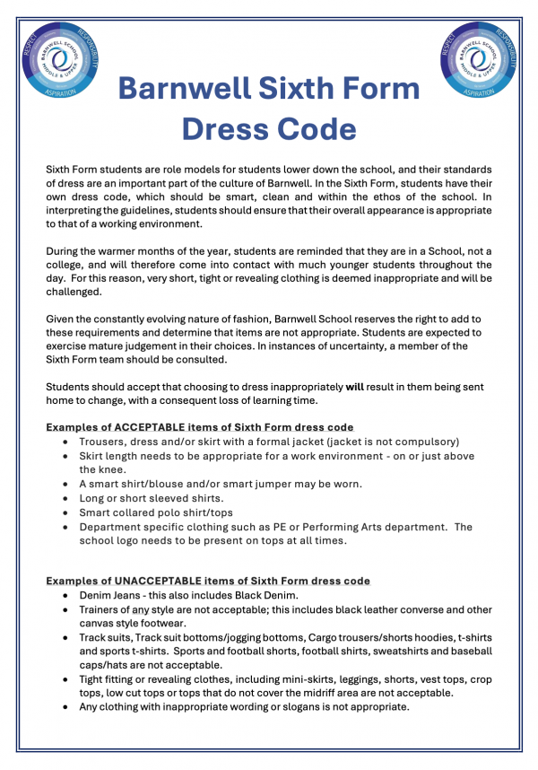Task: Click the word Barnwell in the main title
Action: [204, 89]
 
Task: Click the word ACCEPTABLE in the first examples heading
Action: [144, 426]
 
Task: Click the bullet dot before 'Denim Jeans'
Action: [69, 596]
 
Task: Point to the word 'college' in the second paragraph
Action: [65, 266]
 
